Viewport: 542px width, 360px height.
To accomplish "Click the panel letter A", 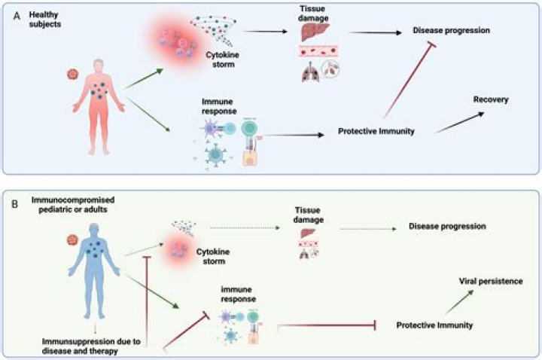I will click(x=14, y=14).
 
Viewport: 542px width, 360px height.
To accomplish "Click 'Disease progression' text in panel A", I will click(x=451, y=30).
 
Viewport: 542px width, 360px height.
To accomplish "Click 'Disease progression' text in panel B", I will click(x=446, y=225).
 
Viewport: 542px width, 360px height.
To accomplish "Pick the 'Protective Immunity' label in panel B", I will click(x=434, y=325).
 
